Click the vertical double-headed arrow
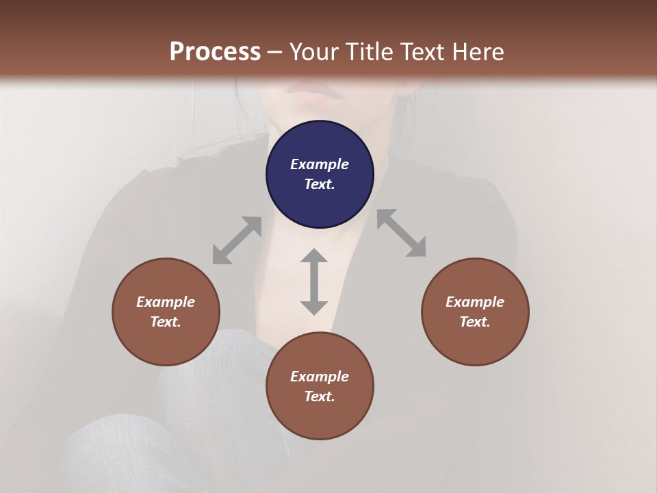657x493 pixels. coord(314,281)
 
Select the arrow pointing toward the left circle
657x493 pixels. coord(237,240)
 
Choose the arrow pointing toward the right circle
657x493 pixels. coord(402,233)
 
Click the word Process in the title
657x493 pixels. coord(215,51)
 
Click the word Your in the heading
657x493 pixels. coord(315,51)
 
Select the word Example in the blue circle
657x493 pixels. coord(320,164)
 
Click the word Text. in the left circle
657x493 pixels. coord(166,322)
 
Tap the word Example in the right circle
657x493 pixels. coord(475,302)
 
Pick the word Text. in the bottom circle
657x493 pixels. coord(320,396)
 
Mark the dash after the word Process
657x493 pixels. coord(275,52)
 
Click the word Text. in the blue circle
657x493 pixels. coord(320,184)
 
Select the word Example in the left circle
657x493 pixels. coord(166,302)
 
